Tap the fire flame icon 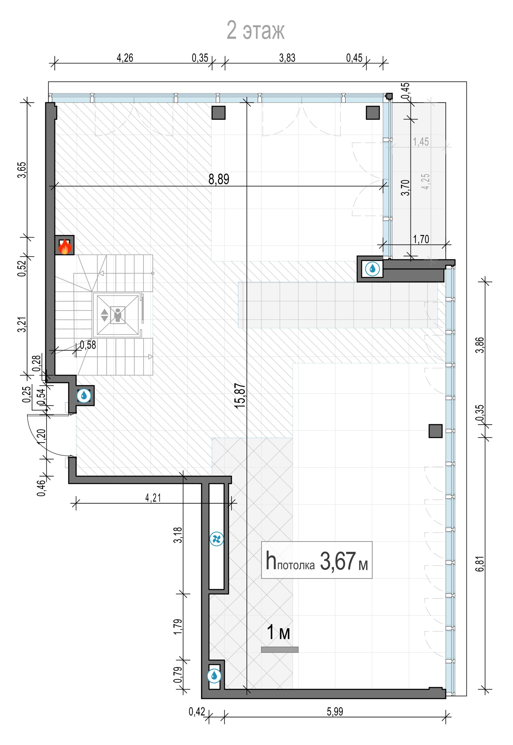pyautogui.click(x=65, y=247)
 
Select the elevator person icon pyautogui.click(x=118, y=315)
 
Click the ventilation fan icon pyautogui.click(x=216, y=539)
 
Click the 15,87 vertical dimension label pyautogui.click(x=240, y=396)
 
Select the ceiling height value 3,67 pyautogui.click(x=338, y=561)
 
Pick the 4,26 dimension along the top pyautogui.click(x=125, y=58)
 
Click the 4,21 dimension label pyautogui.click(x=153, y=498)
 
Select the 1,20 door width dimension pyautogui.click(x=41, y=437)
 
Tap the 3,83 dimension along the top pyautogui.click(x=287, y=58)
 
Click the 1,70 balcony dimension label pyautogui.click(x=421, y=239)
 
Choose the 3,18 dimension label pyautogui.click(x=178, y=535)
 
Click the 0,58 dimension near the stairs pyautogui.click(x=88, y=345)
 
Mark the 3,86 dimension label pyautogui.click(x=480, y=345)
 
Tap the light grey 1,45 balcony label pyautogui.click(x=421, y=142)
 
